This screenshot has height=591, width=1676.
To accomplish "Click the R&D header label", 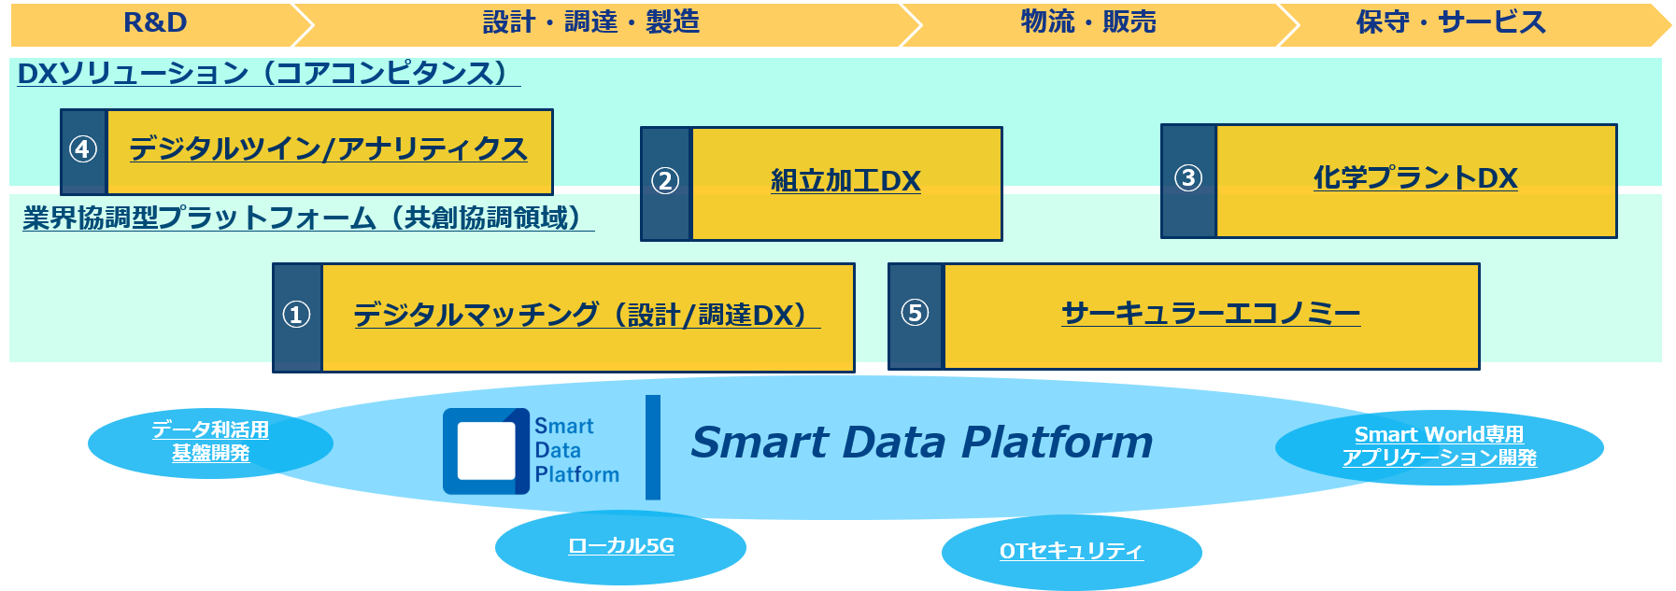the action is pyautogui.click(x=155, y=22).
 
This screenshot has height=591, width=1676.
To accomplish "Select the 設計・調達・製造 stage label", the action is pyautogui.click(x=591, y=22).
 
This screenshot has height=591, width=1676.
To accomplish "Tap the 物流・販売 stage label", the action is pyautogui.click(x=1088, y=22).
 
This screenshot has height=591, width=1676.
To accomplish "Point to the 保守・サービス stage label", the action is pyautogui.click(x=1451, y=22).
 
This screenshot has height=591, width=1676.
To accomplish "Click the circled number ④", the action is pyautogui.click(x=83, y=149).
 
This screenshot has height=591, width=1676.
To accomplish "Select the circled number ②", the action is pyautogui.click(x=665, y=180).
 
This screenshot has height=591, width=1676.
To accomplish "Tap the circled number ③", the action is pyautogui.click(x=1188, y=177).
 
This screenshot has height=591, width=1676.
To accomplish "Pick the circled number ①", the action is pyautogui.click(x=297, y=315).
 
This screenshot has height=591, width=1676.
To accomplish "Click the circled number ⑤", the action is pyautogui.click(x=916, y=313).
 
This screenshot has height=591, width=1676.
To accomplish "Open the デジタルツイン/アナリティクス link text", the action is pyautogui.click(x=329, y=149).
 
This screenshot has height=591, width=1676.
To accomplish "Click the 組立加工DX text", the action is pyautogui.click(x=845, y=180).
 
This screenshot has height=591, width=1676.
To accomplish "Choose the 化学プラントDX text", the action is pyautogui.click(x=1415, y=177).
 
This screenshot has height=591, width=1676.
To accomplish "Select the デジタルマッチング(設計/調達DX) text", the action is pyautogui.click(x=587, y=315).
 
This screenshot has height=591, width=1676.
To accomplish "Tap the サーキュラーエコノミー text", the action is pyautogui.click(x=1211, y=313).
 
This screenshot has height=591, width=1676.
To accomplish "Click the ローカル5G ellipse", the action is pyautogui.click(x=620, y=547).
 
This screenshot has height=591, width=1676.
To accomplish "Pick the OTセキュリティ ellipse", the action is pyautogui.click(x=1072, y=552).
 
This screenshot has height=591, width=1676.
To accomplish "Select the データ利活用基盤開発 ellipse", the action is pyautogui.click(x=210, y=443).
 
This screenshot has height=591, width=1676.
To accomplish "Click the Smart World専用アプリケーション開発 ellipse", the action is pyautogui.click(x=1440, y=447).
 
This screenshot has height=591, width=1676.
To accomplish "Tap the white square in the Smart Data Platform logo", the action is pyautogui.click(x=486, y=451).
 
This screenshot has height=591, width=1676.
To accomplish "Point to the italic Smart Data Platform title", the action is pyautogui.click(x=922, y=443).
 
